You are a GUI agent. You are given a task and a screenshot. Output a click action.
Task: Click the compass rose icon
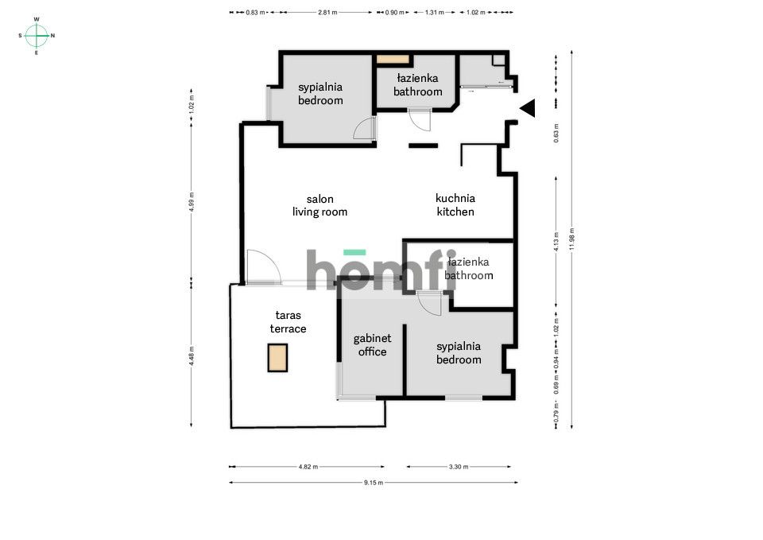coord(37,35)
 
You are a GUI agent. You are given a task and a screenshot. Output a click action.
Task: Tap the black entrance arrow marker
coord(528,108)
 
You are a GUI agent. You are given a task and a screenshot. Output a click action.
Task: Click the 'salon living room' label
coord(320,205)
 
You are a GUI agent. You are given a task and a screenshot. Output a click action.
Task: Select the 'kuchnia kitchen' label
coord(455,205)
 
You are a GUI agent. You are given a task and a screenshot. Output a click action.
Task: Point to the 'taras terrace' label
coord(288,322)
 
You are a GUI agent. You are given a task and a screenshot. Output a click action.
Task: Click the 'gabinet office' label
coord(372,345)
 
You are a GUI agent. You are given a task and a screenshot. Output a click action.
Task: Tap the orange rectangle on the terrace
coord(277,358)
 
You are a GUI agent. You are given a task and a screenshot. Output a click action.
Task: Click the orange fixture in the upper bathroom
coord(392,60)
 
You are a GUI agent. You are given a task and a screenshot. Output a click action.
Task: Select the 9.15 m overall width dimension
coord(373,482)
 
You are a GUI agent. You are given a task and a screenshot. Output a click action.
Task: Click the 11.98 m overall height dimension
coord(571,239)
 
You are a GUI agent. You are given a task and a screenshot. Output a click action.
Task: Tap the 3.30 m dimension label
coord(459,467)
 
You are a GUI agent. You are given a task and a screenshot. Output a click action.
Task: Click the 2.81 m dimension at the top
coord(327,13)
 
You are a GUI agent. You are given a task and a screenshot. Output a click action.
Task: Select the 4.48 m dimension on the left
coord(192,354)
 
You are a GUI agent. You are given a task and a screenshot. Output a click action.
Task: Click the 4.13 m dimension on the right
coord(556,237)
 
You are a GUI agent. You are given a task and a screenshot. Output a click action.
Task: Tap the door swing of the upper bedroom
coord(364,129)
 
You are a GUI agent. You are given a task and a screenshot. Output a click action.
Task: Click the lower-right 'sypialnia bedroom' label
coord(459,353)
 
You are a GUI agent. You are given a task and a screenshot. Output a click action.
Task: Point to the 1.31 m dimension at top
coord(434,13)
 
